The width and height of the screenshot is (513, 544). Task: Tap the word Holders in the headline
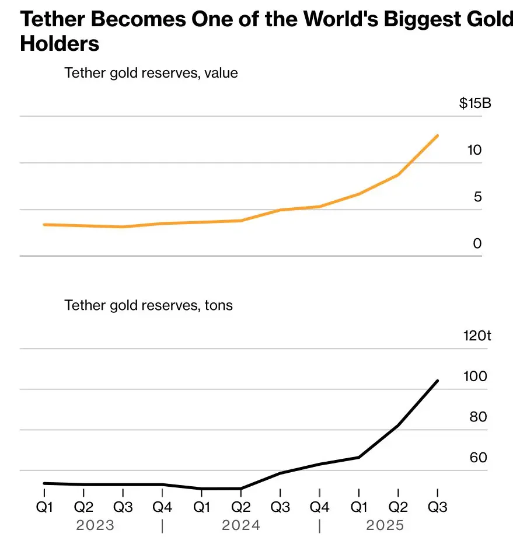(60, 44)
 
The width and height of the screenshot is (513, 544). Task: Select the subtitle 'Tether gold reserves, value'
(151, 73)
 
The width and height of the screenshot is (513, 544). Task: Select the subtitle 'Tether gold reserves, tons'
(148, 305)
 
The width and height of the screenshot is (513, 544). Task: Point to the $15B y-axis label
(474, 104)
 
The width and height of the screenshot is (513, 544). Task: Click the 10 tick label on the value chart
(474, 150)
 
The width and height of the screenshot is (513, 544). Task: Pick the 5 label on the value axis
(477, 197)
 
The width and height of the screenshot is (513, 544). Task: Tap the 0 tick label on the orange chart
(477, 243)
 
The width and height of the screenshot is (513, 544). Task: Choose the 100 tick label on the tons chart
(474, 376)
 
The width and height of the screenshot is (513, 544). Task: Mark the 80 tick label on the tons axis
(478, 417)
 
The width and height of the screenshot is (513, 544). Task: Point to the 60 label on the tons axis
(478, 457)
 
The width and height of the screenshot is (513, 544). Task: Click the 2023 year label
(95, 525)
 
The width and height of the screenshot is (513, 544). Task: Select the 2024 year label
(240, 525)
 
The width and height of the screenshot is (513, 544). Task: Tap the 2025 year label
(385, 525)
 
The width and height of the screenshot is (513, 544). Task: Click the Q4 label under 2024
(320, 507)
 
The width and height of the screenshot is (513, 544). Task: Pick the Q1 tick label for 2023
(45, 507)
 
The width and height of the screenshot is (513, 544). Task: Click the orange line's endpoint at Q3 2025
(438, 135)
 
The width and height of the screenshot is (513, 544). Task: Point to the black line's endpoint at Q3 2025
(438, 381)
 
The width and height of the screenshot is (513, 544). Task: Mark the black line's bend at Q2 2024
(241, 489)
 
